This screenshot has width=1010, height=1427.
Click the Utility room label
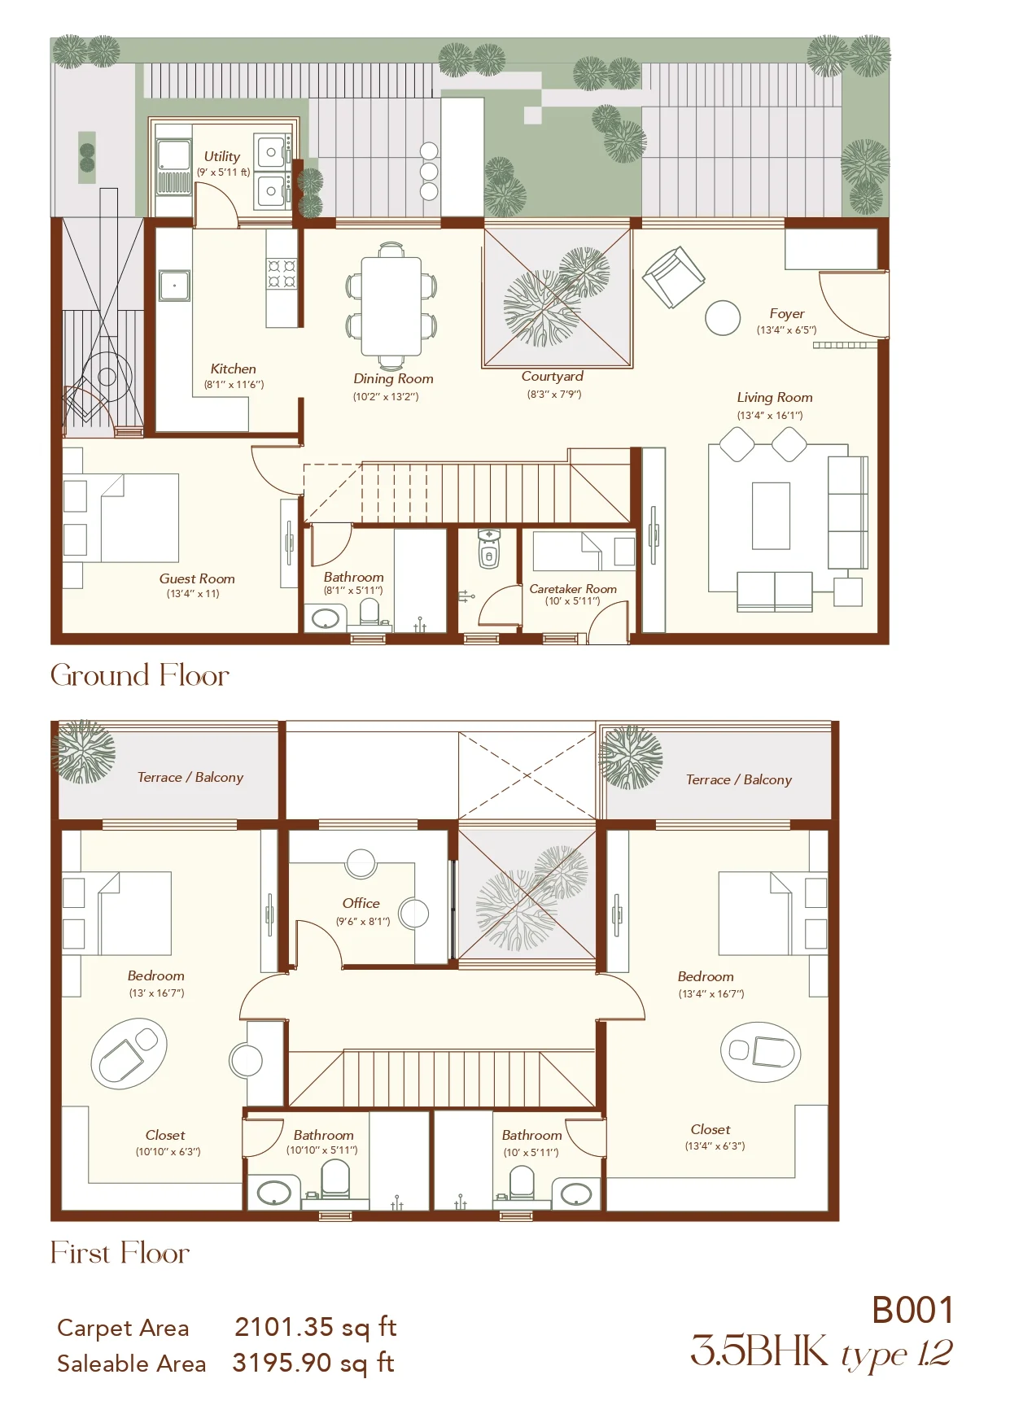222,156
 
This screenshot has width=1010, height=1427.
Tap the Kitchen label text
233,369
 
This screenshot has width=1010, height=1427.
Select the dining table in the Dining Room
391,306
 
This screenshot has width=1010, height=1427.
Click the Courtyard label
553,377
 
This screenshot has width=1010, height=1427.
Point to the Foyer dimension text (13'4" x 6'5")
786,329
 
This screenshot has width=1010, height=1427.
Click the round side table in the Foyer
723,317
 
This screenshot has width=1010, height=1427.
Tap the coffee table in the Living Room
771,516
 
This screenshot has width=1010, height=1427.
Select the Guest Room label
197,578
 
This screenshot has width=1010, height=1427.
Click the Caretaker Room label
573,588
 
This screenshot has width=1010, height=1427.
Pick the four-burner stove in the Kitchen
282,273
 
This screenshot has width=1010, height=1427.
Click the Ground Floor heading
140,675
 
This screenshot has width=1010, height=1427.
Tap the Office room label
361,903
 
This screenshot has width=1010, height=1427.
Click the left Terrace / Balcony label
190,777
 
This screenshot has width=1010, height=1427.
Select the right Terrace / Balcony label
739,779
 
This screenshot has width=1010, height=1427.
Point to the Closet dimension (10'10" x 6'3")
168,1151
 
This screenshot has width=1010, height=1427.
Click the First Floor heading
120,1253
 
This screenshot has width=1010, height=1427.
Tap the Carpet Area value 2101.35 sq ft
316,1327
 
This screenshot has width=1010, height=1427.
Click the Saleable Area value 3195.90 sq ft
314,1363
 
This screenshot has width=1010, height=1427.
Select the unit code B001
912,1311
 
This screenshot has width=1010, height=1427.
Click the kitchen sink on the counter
174,286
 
